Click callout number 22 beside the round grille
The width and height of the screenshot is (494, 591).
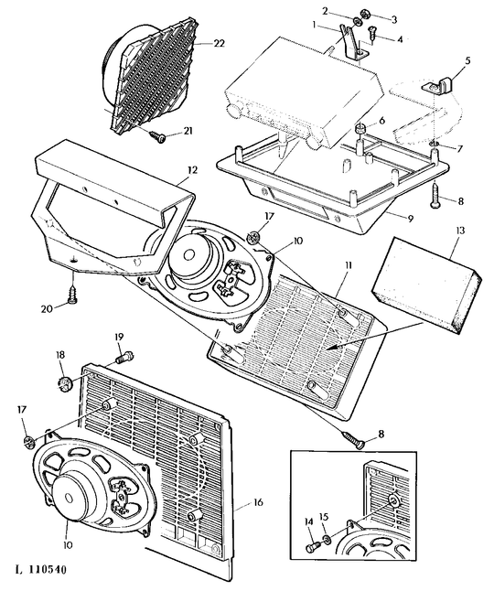(219, 44)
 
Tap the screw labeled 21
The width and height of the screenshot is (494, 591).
(158, 136)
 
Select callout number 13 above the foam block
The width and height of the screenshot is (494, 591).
(460, 231)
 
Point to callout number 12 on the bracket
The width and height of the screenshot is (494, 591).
(192, 170)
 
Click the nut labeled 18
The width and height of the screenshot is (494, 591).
(63, 382)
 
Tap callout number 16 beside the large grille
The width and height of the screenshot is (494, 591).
(258, 502)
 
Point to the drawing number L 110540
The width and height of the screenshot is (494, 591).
(40, 569)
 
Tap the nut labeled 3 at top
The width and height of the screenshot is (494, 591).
(365, 15)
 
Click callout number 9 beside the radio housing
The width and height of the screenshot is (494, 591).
(410, 219)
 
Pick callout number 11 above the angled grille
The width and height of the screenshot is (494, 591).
(347, 265)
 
